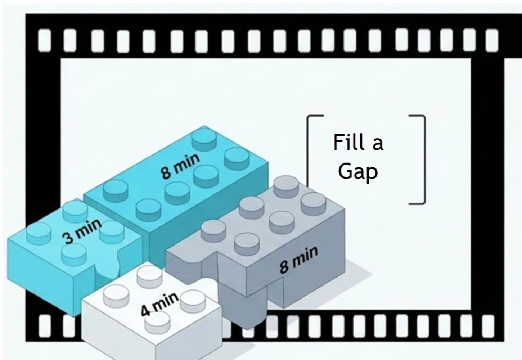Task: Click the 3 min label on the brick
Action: click(82, 231)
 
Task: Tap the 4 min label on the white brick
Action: click(160, 304)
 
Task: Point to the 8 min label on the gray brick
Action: click(299, 260)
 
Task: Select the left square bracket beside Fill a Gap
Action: click(307, 149)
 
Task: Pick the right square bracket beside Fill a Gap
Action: click(424, 160)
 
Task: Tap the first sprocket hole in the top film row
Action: click(44, 40)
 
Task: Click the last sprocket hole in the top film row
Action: click(492, 40)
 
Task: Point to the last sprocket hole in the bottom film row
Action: click(488, 326)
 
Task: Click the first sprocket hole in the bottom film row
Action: click(44, 326)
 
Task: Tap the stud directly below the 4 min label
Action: click(157, 323)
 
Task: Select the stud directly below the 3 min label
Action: click(74, 255)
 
